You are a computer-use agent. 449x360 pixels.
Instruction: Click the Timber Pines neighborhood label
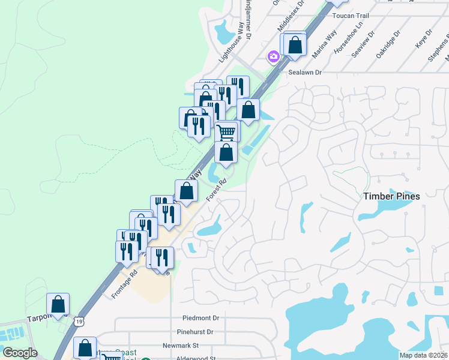[391, 196]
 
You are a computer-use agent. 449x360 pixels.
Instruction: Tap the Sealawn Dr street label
[306, 72]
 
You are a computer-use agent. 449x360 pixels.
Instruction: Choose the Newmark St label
[180, 346]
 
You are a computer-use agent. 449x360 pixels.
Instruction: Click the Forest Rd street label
[217, 190]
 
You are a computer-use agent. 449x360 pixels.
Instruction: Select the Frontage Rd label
[125, 284]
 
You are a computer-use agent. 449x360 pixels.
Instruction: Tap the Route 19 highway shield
[80, 322]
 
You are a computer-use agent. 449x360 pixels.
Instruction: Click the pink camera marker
[274, 56]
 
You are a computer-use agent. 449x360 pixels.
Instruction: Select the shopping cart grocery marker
[226, 131]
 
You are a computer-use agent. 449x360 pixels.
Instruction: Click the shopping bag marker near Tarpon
[58, 304]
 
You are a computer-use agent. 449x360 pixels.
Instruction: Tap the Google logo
[20, 353]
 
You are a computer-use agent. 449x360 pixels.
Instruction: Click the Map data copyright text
[423, 355]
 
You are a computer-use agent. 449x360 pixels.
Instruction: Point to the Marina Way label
[324, 46]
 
